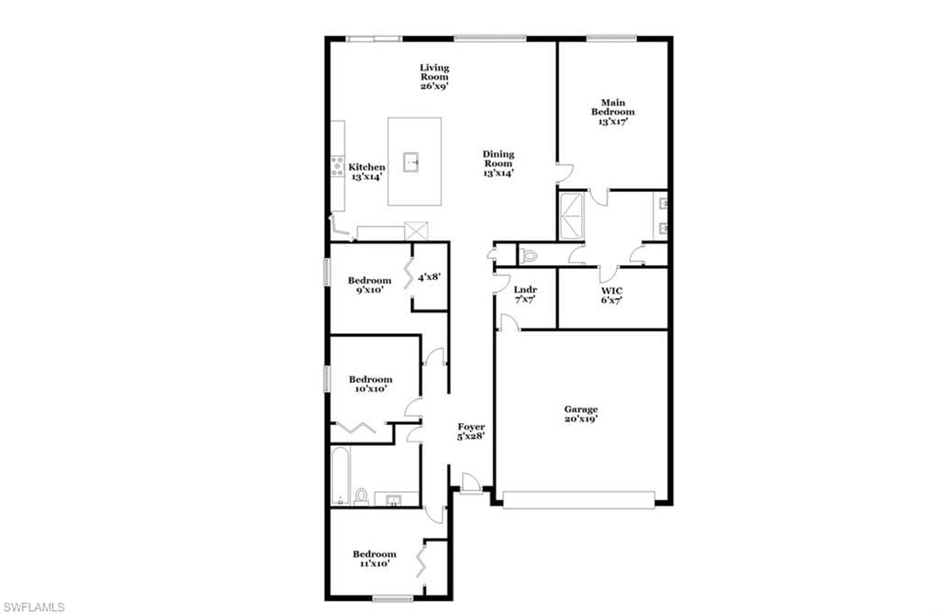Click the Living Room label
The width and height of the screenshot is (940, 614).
click(x=434, y=77)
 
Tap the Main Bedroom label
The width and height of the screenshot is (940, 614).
click(x=612, y=112)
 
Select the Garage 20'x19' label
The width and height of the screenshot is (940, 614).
click(x=581, y=414)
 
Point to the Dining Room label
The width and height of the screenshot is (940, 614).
click(x=498, y=163)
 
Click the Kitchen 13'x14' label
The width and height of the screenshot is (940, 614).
click(x=366, y=172)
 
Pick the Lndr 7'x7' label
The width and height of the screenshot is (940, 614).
click(x=525, y=294)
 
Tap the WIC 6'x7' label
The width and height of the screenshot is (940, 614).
click(x=611, y=295)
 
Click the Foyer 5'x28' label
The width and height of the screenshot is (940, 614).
click(x=471, y=431)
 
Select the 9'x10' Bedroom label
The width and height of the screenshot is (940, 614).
click(x=369, y=285)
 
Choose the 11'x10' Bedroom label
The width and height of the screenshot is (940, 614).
click(x=375, y=559)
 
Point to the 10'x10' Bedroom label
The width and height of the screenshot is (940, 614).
click(x=370, y=384)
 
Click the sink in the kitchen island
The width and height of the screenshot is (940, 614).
click(x=410, y=162)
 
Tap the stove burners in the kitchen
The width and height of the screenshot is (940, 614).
click(x=338, y=166)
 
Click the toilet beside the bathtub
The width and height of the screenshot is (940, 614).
click(x=361, y=497)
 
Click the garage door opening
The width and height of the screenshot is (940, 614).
click(x=578, y=500)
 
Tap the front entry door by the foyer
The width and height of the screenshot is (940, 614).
click(x=471, y=483)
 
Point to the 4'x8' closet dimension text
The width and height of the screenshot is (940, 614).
click(x=430, y=277)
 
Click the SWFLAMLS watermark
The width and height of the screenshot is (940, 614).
click(x=34, y=608)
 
